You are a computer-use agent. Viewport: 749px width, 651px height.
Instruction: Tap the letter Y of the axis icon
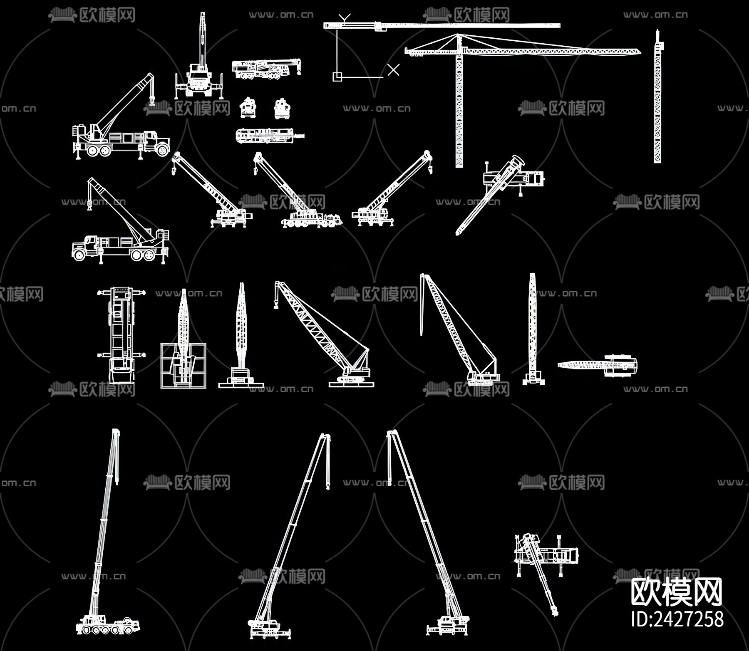pyautogui.click(x=345, y=18)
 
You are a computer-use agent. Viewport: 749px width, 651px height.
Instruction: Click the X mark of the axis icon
pyautogui.click(x=393, y=70)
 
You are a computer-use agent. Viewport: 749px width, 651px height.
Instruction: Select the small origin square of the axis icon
pyautogui.click(x=337, y=77)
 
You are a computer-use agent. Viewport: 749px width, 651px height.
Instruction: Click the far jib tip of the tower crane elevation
pyautogui.click(x=640, y=51)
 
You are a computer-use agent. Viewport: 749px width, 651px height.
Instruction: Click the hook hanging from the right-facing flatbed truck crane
pyautogui.click(x=152, y=100)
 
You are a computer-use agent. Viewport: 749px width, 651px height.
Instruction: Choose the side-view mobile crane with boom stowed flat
pyautogui.click(x=266, y=69)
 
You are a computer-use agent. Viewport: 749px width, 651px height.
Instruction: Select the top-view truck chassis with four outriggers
pyautogui.click(x=121, y=335)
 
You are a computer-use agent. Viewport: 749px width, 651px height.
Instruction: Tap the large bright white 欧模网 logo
pyautogui.click(x=677, y=592)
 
